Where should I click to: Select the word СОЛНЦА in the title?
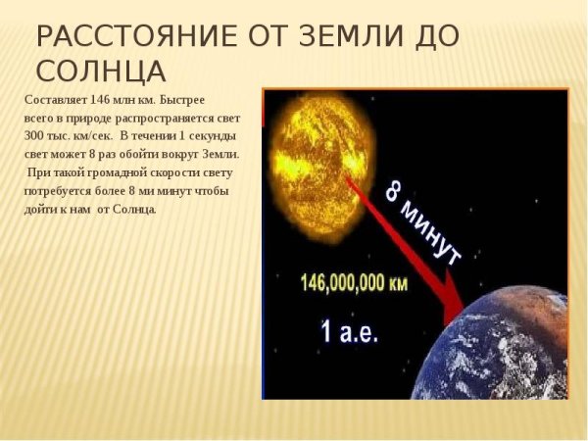tap(100, 72)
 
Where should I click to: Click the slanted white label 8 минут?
tap(422, 222)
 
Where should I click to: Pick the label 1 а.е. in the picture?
tap(349, 331)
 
